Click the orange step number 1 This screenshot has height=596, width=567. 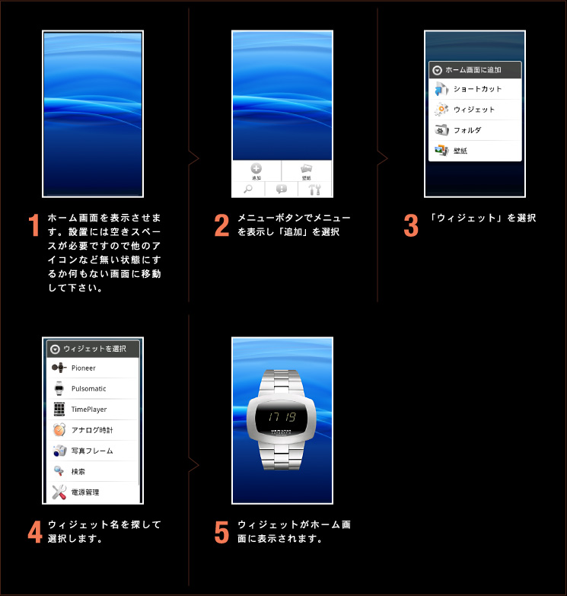point(33,225)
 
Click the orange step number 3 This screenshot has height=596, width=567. point(411,225)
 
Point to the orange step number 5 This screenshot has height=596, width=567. point(221,532)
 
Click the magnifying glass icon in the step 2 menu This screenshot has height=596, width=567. point(248,190)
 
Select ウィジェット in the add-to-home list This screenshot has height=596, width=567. point(475,110)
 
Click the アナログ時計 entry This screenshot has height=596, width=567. point(92,430)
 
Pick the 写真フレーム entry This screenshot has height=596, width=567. point(92,451)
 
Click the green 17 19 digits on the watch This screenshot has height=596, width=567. point(282,418)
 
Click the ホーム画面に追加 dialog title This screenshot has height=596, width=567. point(473,70)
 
